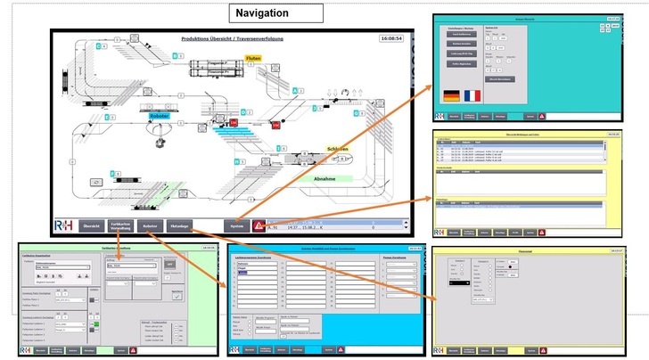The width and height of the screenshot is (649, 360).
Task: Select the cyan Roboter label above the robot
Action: pyautogui.click(x=160, y=115)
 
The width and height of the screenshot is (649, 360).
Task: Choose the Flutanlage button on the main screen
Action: pyautogui.click(x=180, y=226)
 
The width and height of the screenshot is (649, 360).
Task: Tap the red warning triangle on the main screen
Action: pyautogui.click(x=259, y=226)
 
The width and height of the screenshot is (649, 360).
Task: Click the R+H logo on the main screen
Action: pyautogui.click(x=65, y=226)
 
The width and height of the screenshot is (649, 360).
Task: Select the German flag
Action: pyautogui.click(x=452, y=95)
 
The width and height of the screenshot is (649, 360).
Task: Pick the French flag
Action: pyautogui.click(x=471, y=95)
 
